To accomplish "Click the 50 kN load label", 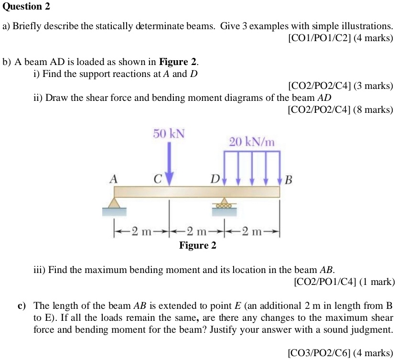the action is coord(169,133).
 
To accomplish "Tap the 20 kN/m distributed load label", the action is coord(252,142).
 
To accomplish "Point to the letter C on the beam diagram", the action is coord(157,180).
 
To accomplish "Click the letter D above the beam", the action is coord(215,180).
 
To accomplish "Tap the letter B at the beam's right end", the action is coord(288,180).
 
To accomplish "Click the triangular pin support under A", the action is coord(114,203).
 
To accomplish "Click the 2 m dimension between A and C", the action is coord(141,232).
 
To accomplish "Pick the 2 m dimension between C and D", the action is coord(196,232).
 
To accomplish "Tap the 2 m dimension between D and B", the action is coord(252,232).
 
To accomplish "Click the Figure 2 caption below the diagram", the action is coord(198,246).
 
